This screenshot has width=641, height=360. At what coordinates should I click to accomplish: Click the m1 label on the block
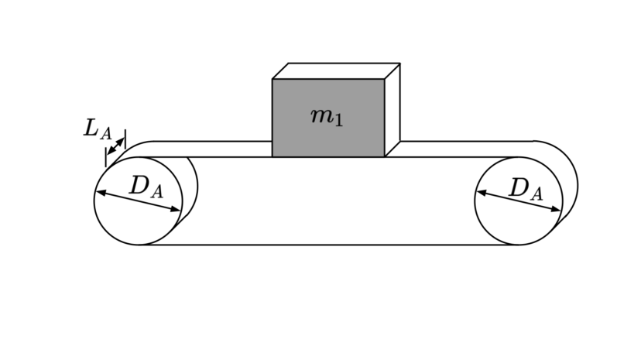point(327,117)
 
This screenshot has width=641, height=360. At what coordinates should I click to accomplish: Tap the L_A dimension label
point(98,129)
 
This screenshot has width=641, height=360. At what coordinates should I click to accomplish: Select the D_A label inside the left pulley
point(146,187)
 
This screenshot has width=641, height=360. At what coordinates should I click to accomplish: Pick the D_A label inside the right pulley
point(526,189)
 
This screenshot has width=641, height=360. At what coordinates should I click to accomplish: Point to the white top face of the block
point(336,71)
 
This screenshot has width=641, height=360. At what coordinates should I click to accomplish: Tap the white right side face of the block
point(392,110)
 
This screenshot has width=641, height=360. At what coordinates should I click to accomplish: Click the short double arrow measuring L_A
point(115,146)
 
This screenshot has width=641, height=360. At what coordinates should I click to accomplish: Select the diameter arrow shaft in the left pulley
point(138,201)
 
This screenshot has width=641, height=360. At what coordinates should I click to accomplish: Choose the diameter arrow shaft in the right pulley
point(519,201)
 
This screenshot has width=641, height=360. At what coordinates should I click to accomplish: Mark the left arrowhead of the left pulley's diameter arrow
point(101,192)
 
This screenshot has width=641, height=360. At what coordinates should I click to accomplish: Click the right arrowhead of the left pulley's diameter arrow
point(176,210)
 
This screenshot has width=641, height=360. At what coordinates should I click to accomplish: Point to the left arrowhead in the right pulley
point(482,192)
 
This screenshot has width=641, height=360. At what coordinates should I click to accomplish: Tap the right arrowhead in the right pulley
point(556,210)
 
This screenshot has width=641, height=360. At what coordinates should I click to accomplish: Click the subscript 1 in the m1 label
point(338,121)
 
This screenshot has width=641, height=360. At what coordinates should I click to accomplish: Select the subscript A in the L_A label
point(105,134)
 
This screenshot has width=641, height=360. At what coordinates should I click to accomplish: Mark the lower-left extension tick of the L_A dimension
point(106,157)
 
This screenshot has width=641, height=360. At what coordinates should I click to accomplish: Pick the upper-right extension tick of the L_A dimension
point(125,139)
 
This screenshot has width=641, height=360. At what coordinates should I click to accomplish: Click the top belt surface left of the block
point(204,149)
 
